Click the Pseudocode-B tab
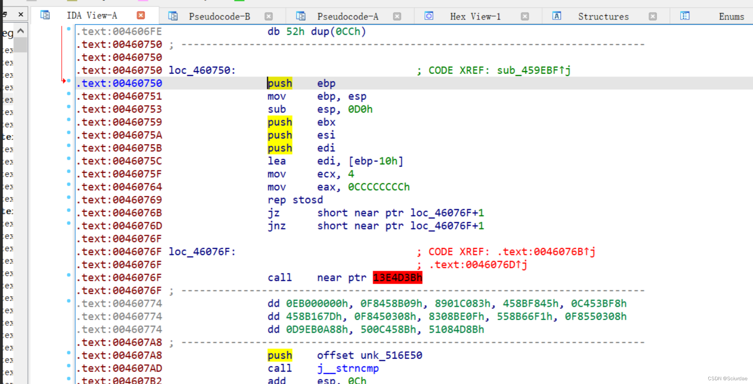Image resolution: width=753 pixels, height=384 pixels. [x=219, y=17]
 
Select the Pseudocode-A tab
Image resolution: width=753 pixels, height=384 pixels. [x=347, y=17]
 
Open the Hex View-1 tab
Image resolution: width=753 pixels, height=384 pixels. [x=475, y=17]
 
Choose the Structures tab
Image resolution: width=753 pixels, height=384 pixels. [x=603, y=17]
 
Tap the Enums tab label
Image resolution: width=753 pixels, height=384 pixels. [x=731, y=17]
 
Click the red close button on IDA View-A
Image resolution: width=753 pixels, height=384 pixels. [x=141, y=15]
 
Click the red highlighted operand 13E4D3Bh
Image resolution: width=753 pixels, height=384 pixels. [x=397, y=278]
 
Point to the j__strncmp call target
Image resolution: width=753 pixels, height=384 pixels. [x=348, y=368]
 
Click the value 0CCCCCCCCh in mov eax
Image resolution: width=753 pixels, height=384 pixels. [x=379, y=187]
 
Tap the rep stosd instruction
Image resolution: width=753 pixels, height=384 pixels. [x=295, y=200]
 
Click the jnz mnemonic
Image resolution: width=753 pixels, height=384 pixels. [x=276, y=226]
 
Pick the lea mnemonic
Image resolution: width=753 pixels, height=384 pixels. [x=276, y=161]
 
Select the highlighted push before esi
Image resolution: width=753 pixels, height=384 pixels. [x=280, y=135]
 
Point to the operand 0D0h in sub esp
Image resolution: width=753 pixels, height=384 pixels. [x=360, y=109]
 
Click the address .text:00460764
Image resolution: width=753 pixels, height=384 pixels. [x=119, y=187]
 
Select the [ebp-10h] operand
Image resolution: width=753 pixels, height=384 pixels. [x=376, y=161]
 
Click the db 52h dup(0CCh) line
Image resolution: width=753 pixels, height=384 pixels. [x=316, y=32]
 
